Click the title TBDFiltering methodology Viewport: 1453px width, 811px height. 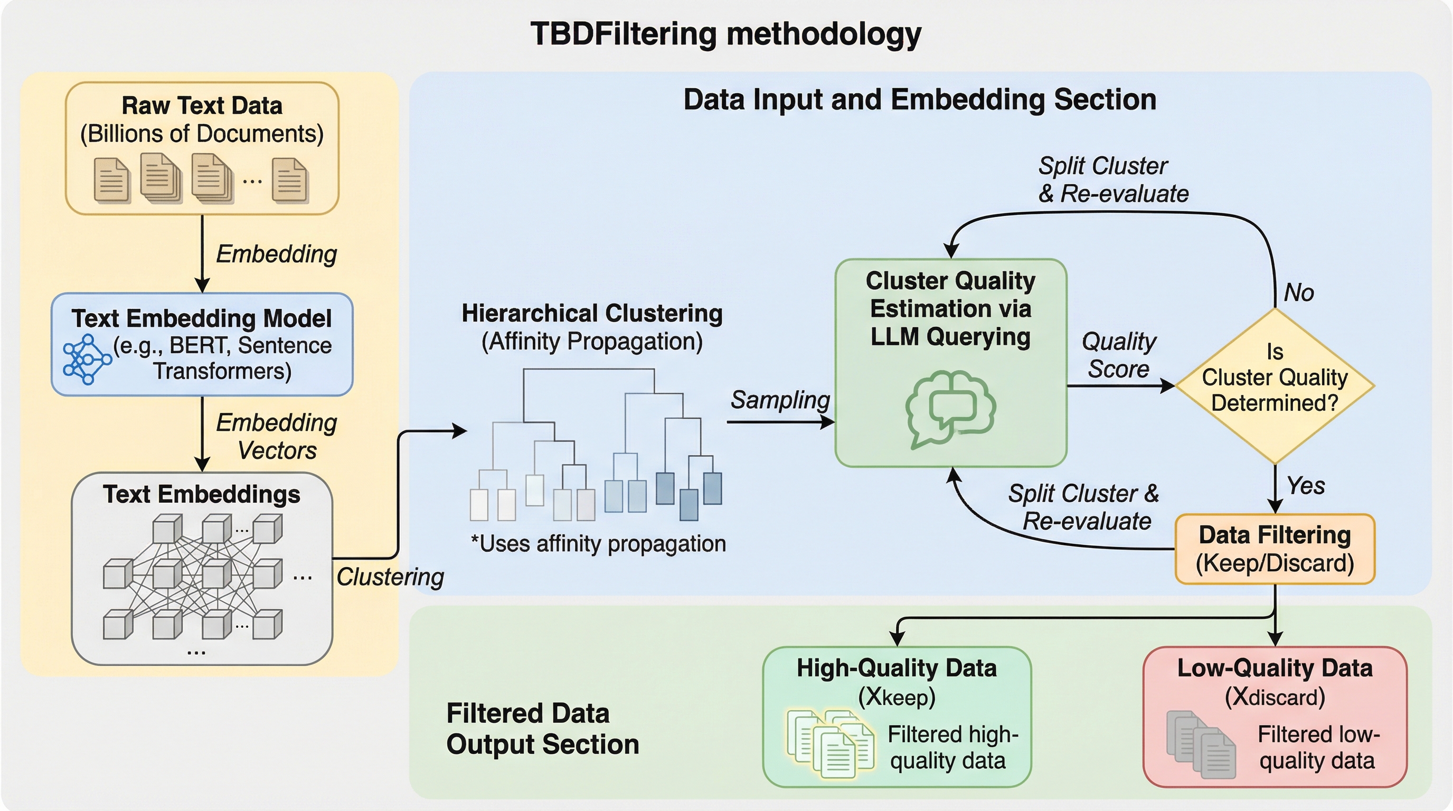[x=725, y=34]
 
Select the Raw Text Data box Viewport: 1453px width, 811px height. [x=202, y=148]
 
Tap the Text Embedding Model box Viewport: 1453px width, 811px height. [x=202, y=344]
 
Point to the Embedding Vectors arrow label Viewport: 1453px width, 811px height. [x=276, y=437]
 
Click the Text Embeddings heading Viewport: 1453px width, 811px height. [x=201, y=494]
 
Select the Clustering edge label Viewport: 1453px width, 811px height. [x=390, y=577]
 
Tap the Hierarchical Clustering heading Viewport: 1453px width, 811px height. [x=592, y=314]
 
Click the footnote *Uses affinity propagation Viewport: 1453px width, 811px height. [x=598, y=544]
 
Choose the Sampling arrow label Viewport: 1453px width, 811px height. [x=779, y=400]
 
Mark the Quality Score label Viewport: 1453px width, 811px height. [x=1118, y=355]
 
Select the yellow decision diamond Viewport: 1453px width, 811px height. [x=1274, y=386]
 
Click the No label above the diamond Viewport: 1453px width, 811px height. [x=1298, y=293]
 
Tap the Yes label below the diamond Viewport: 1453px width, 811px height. [x=1305, y=486]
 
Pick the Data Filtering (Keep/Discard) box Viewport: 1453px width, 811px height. [x=1274, y=549]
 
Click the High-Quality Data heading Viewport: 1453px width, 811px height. [x=897, y=668]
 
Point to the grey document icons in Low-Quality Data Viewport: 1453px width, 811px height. [x=1200, y=743]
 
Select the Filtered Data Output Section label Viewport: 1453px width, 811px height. [x=542, y=729]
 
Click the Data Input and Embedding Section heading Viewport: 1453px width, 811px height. [x=919, y=100]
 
